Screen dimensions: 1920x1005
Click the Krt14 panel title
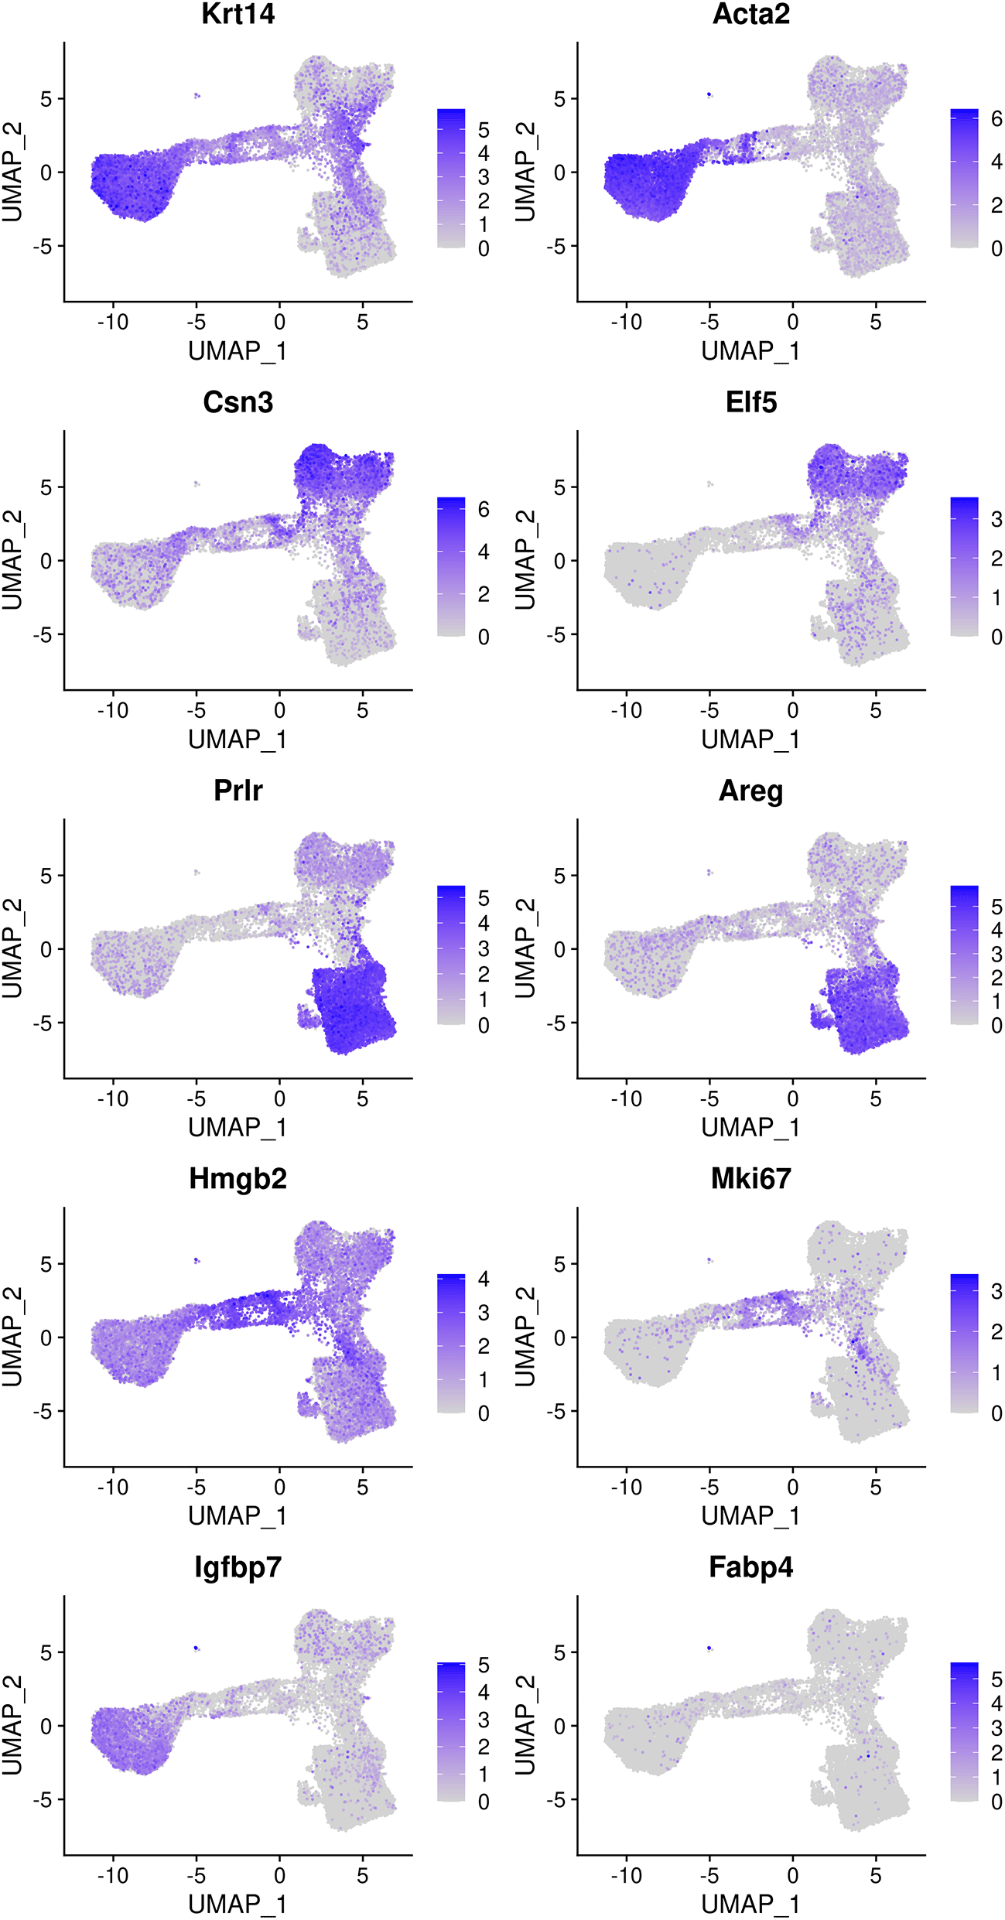238,14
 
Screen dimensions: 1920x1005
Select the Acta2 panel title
750,14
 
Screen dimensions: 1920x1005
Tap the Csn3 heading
238,402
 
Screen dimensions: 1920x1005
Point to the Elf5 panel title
750,402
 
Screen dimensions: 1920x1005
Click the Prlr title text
238,791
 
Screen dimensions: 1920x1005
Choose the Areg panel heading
750,791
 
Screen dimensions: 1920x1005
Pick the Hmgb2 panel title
238,1179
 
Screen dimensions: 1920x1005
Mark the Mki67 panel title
750,1179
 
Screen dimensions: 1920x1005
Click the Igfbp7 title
238,1567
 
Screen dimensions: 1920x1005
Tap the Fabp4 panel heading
750,1567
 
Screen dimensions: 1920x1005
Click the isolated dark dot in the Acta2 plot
709,94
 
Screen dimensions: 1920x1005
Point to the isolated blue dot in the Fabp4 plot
709,1648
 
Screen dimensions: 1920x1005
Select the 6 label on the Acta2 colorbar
996,119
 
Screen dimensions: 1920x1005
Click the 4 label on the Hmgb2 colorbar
484,1279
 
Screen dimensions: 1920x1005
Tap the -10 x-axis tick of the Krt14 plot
113,322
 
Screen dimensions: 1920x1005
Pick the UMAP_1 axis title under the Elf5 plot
750,740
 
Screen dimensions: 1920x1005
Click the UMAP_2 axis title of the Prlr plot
12,948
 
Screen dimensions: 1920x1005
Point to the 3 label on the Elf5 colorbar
996,520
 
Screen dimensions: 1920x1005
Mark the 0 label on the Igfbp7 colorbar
484,1802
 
